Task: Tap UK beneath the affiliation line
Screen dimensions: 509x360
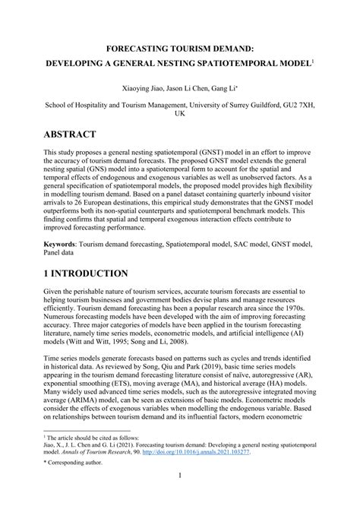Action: [x=180, y=118]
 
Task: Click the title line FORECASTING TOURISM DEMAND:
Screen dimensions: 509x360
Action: [x=180, y=48]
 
